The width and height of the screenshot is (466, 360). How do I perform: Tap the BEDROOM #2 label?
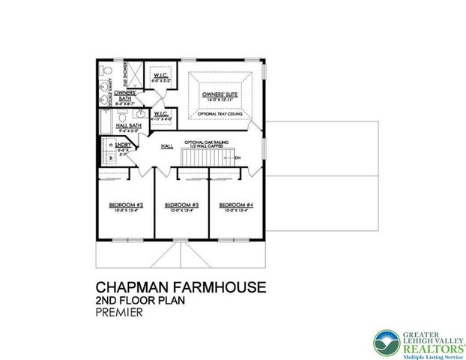pos(125,205)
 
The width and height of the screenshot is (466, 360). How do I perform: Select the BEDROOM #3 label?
pos(181,205)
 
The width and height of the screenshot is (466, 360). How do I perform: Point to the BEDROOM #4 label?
pos(236,205)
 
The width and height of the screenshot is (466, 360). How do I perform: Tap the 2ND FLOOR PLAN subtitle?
pos(141,301)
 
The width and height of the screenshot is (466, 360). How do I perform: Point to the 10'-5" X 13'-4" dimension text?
pos(125,211)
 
